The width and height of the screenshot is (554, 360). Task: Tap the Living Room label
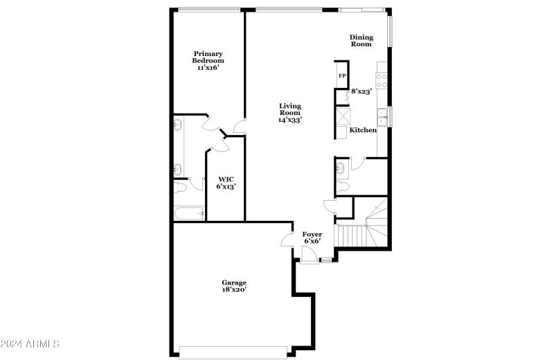tap(290, 112)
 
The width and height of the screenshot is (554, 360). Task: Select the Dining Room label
tap(361, 40)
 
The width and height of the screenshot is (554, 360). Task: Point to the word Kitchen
tap(363, 130)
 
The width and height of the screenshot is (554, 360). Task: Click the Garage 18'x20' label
tap(234, 285)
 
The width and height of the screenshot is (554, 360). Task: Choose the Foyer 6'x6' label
tap(312, 238)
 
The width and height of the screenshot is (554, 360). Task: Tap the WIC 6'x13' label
tap(226, 182)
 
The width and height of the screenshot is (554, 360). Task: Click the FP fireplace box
tap(341, 75)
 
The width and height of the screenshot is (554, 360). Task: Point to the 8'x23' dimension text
tap(361, 91)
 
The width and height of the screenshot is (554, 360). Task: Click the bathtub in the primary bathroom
tap(188, 213)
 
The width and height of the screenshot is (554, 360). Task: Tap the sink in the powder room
tap(341, 167)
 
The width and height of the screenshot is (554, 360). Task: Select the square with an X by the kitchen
tap(343, 114)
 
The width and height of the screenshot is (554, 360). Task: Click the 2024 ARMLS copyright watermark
tap(30, 343)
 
